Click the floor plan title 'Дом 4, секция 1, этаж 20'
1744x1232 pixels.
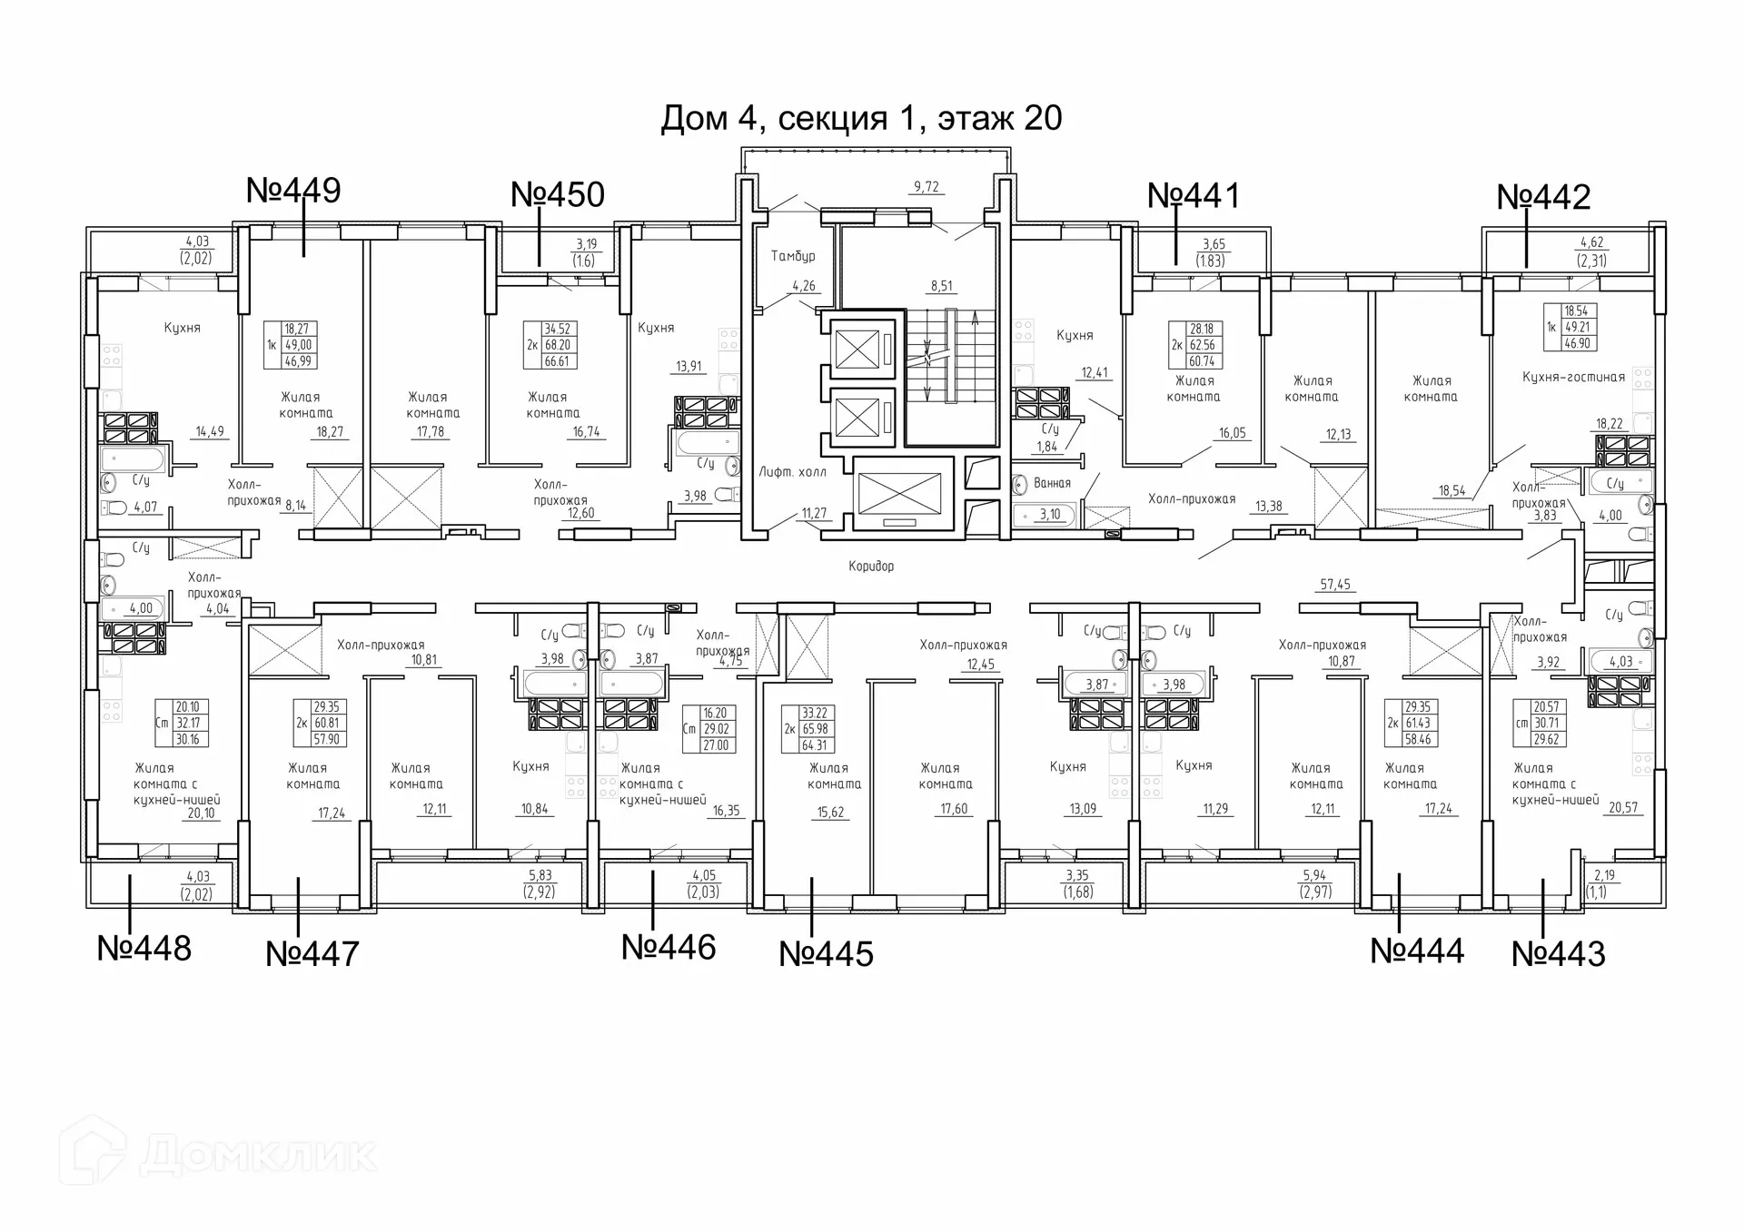861,119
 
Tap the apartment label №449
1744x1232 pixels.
293,191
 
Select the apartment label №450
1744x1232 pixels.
558,195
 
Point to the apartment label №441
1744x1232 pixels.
1194,196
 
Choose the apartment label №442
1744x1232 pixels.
1543,197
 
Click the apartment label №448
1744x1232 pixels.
144,949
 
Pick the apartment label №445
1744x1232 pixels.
827,954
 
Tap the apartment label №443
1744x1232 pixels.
1559,954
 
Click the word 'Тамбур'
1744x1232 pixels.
793,257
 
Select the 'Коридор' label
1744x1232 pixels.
871,567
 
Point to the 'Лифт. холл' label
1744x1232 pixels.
793,472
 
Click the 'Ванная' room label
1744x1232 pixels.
1053,484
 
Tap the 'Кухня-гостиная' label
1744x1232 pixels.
1573,378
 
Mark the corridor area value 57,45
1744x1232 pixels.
1335,585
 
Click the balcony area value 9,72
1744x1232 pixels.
926,187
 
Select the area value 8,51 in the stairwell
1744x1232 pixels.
942,286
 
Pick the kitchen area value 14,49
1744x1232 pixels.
210,432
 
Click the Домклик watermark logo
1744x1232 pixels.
218,1154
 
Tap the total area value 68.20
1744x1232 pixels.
558,345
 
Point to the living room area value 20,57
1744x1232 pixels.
1623,808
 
